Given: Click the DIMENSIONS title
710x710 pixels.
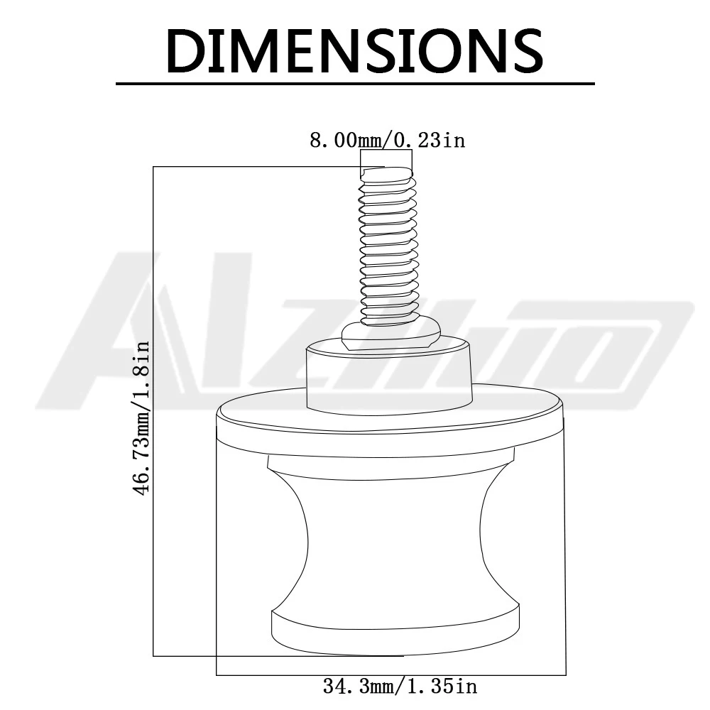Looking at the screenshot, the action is [355, 50].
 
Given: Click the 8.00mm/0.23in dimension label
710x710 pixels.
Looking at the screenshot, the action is [388, 140].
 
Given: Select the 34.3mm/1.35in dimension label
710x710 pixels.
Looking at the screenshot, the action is [400, 686].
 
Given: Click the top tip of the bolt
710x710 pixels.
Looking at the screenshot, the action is [386, 168].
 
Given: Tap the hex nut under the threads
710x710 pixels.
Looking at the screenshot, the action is [390, 334].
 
